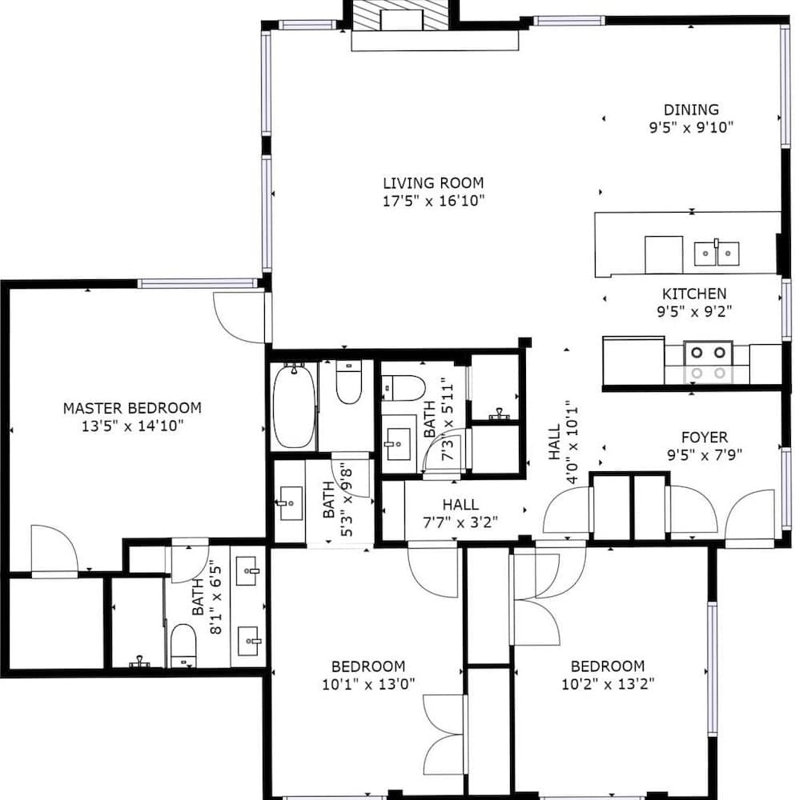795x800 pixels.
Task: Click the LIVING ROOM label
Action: (x=432, y=182)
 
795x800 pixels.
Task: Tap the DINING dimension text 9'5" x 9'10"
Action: (x=691, y=126)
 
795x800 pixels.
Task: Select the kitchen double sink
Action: (x=716, y=254)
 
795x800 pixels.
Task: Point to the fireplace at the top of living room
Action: (x=403, y=16)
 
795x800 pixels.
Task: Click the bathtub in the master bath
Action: (x=294, y=406)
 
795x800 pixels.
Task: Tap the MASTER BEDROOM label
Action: (x=132, y=408)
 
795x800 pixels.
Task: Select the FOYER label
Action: (x=704, y=437)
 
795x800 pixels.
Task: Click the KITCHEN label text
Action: (x=693, y=294)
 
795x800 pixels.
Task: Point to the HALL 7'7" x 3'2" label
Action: (x=460, y=505)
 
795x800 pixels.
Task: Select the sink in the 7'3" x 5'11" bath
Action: (x=398, y=442)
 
